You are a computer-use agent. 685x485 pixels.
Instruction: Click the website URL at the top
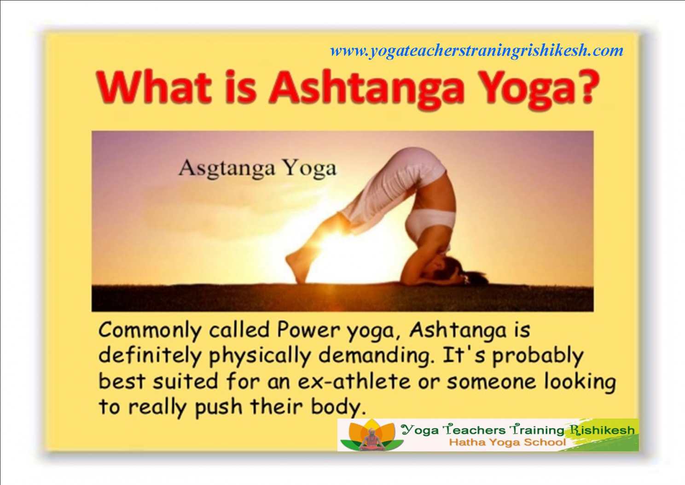click(477, 51)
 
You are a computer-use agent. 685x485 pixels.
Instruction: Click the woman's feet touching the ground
click(296, 265)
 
